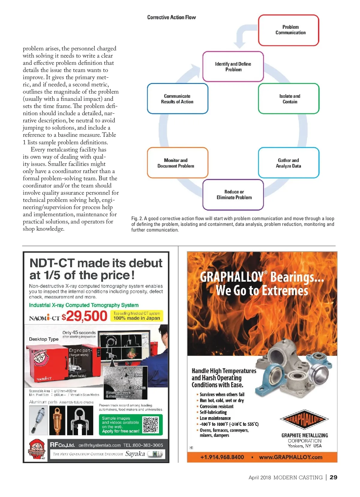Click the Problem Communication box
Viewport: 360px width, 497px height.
click(289, 30)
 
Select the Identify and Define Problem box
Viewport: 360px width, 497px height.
click(233, 67)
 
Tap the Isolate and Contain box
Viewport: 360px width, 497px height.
click(289, 99)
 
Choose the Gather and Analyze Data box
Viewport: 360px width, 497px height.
click(289, 163)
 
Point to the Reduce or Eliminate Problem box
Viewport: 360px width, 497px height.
click(233, 195)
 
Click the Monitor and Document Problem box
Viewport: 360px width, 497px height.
click(177, 163)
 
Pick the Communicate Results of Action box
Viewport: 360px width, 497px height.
click(177, 99)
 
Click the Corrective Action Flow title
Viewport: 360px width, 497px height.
click(171, 17)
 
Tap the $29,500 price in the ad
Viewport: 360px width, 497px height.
click(85, 316)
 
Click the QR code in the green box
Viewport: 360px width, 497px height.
click(150, 425)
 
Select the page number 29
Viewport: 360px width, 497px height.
click(333, 478)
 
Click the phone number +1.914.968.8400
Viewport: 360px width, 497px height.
click(222, 457)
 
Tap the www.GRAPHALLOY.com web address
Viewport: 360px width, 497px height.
click(290, 457)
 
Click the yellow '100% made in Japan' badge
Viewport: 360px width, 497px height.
click(136, 316)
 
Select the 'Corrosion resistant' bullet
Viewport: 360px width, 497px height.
click(216, 406)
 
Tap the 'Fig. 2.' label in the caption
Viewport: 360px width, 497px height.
click(137, 219)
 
